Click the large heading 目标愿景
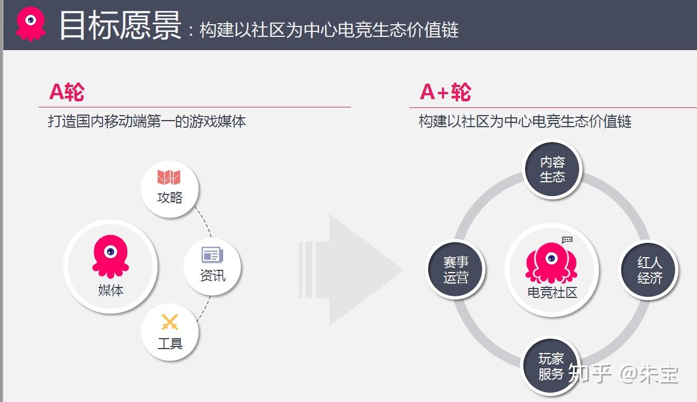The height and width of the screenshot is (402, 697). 120,25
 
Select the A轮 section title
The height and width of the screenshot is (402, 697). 67,92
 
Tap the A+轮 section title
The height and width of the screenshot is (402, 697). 445,92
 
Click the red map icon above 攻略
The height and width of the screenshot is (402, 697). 169,177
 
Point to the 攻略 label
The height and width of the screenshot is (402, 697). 170,197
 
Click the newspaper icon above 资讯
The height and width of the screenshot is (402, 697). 212,254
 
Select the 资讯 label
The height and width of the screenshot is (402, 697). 213,275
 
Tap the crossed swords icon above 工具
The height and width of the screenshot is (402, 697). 170,322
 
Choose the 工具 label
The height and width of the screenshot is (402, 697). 170,344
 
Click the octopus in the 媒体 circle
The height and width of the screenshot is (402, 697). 110,256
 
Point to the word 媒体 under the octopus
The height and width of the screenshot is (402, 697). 110,290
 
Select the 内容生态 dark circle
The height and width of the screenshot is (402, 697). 552,170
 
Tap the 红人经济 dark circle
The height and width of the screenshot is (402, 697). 649,270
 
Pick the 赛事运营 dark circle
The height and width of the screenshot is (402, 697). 456,270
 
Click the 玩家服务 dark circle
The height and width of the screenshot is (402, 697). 551,367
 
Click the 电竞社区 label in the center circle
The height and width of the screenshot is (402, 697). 552,292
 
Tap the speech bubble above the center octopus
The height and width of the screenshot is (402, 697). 567,240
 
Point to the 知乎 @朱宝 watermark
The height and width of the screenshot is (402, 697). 623,373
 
